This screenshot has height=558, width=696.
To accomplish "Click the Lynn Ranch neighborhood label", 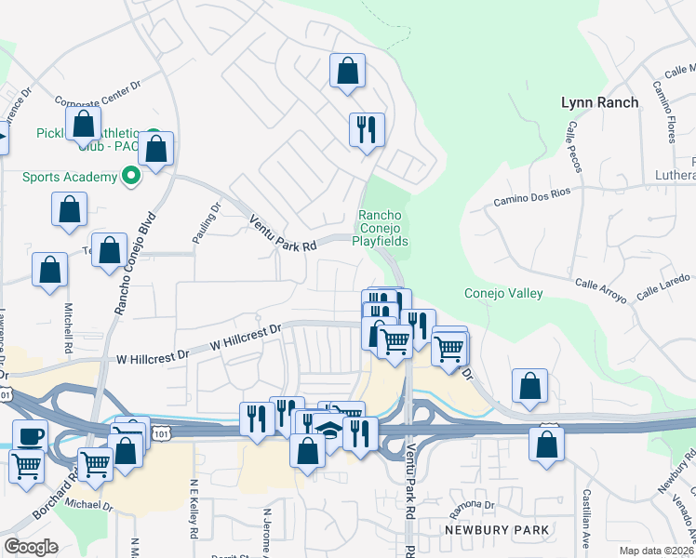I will click(600, 102).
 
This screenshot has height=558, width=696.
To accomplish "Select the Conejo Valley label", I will click(502, 294).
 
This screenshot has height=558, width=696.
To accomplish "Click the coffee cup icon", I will click(30, 436).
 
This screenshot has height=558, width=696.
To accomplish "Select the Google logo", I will click(31, 547).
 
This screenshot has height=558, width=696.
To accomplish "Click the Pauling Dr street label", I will click(206, 224).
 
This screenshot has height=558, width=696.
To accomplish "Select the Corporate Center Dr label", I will click(97, 93).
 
